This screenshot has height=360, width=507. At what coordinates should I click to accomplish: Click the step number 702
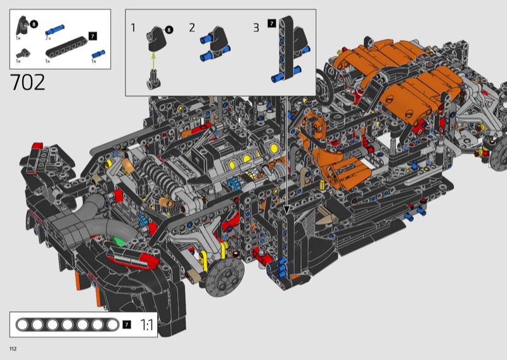[28, 82]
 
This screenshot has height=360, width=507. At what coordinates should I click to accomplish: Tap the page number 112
[13, 349]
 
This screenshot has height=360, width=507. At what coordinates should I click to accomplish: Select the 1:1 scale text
[146, 325]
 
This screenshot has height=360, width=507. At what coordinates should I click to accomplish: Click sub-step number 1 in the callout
[133, 28]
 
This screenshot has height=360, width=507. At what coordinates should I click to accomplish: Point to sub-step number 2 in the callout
[192, 28]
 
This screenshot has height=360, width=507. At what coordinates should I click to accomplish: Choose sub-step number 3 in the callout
[256, 28]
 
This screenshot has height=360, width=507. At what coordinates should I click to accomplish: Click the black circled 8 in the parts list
[34, 24]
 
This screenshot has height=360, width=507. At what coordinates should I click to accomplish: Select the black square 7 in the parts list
[93, 36]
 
